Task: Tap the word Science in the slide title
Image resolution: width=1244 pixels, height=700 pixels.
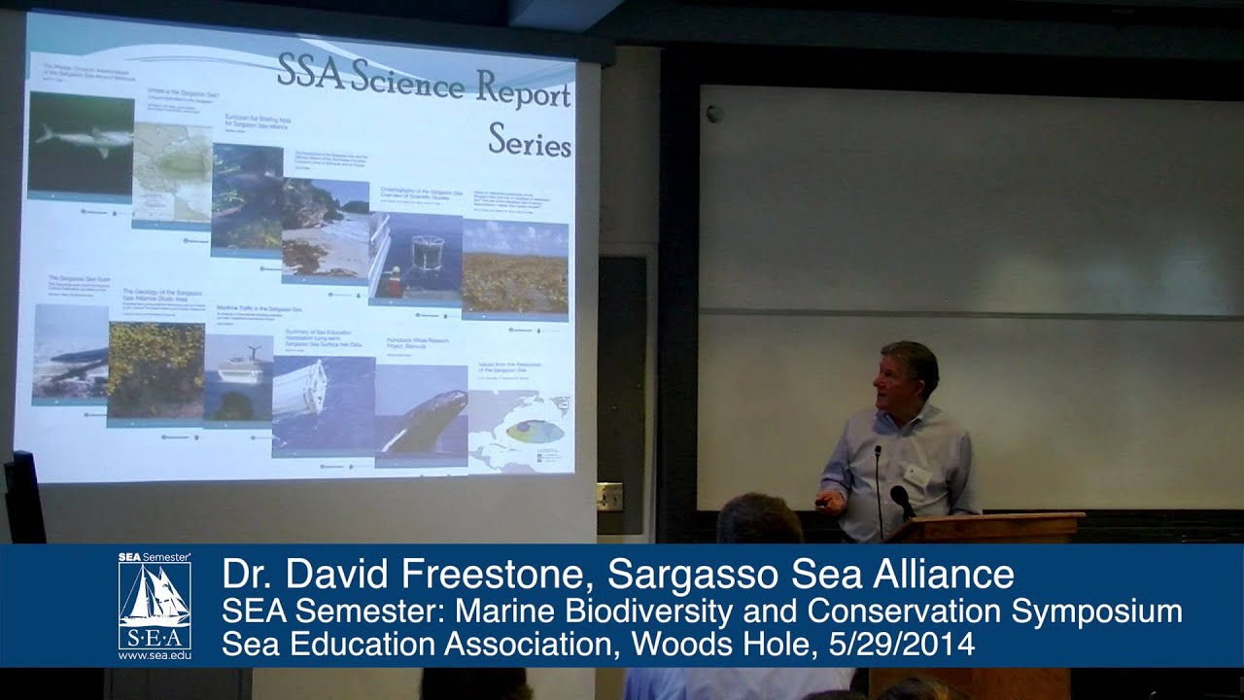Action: click(x=408, y=80)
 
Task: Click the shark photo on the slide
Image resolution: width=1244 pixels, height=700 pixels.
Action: click(x=80, y=142)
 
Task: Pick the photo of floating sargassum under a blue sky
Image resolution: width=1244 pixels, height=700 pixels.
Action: click(x=514, y=267)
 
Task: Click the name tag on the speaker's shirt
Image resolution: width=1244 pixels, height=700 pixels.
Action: click(x=916, y=475)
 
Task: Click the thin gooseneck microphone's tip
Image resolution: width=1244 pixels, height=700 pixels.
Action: click(x=878, y=450)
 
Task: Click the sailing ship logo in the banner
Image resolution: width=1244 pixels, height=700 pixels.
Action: click(x=155, y=595)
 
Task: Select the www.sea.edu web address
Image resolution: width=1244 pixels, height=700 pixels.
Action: click(x=155, y=656)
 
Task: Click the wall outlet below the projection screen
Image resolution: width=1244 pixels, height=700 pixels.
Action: click(x=609, y=496)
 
